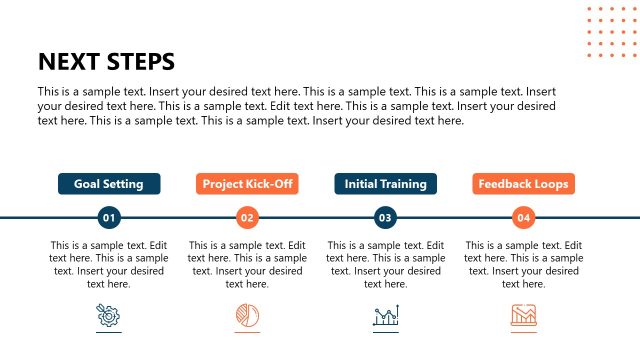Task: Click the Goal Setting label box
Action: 109,184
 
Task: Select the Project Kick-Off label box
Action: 247,184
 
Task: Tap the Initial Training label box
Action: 385,184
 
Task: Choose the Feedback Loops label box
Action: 523,184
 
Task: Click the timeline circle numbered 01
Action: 109,217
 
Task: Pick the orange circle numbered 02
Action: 247,217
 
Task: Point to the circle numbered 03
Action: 385,217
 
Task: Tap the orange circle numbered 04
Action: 523,217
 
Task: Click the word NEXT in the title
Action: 70,61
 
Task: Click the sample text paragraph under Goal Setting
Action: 109,264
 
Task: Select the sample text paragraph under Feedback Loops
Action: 523,264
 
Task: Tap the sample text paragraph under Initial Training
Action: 385,264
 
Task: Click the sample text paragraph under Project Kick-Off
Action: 247,264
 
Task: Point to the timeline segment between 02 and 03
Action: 316,217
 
